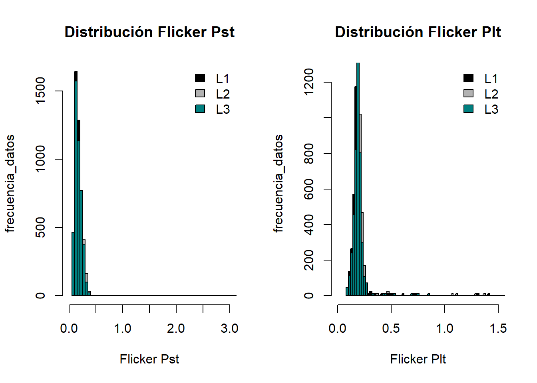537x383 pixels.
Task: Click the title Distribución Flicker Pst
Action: pyautogui.click(x=149, y=32)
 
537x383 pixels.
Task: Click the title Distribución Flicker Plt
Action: pyautogui.click(x=418, y=32)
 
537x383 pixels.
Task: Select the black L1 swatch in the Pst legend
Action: pyautogui.click(x=200, y=78)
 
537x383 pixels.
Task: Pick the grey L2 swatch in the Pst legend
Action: pyautogui.click(x=200, y=93)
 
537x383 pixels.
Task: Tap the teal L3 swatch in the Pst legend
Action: pyautogui.click(x=200, y=109)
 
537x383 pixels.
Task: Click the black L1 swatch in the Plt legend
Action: pyautogui.click(x=468, y=78)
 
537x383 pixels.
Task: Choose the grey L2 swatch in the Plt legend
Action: pyautogui.click(x=468, y=93)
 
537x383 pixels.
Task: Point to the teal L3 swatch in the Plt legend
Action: pyautogui.click(x=468, y=109)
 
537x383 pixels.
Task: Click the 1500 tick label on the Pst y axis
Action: pyautogui.click(x=40, y=91)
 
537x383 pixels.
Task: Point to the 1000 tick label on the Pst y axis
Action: pyautogui.click(x=40, y=159)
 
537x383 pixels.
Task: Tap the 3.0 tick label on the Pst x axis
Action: pyautogui.click(x=229, y=329)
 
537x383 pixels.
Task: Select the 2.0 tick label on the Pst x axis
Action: pyautogui.click(x=176, y=329)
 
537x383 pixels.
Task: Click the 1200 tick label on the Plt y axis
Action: pyautogui.click(x=309, y=82)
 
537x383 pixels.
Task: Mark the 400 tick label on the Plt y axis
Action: pyautogui.click(x=309, y=225)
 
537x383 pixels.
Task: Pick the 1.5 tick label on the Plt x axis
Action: pyautogui.click(x=498, y=329)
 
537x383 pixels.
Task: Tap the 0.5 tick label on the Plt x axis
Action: pyautogui.click(x=391, y=329)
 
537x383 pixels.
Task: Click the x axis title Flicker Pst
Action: pyautogui.click(x=149, y=359)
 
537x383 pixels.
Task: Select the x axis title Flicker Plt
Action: pyautogui.click(x=418, y=359)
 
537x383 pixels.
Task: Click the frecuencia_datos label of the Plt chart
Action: pyautogui.click(x=278, y=184)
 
